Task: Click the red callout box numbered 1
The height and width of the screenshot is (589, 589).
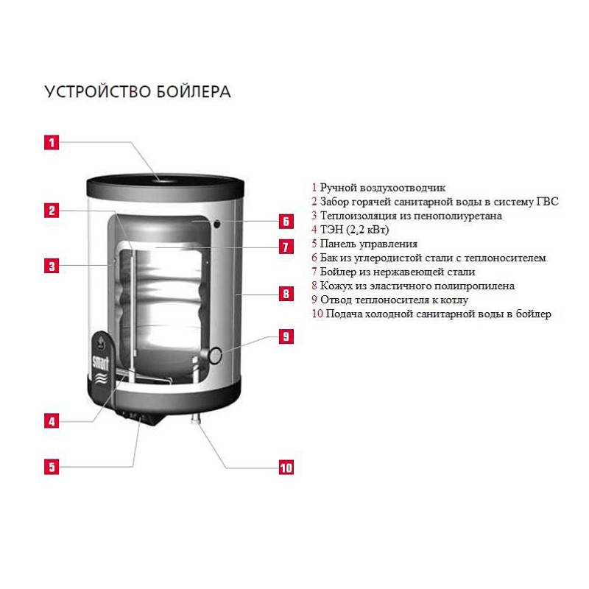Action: [x=51, y=142]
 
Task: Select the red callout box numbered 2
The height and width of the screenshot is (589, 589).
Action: [x=51, y=211]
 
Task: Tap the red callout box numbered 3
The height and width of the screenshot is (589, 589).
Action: [x=51, y=266]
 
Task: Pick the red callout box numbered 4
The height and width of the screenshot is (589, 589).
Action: [x=51, y=421]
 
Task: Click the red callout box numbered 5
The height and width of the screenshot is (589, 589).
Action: [x=51, y=466]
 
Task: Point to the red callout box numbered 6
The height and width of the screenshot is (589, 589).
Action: [x=286, y=221]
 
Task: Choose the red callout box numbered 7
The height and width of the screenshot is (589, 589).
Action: [x=286, y=247]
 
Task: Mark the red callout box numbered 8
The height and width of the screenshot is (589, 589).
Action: [x=286, y=294]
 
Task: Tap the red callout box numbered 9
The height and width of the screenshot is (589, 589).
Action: [x=286, y=337]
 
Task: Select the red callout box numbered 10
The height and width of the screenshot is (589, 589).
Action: [x=286, y=467]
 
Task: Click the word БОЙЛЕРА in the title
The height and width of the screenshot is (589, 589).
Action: [x=194, y=92]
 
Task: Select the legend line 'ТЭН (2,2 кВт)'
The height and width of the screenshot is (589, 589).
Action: [x=350, y=230]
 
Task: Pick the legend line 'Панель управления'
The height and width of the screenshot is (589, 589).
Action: [x=364, y=244]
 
